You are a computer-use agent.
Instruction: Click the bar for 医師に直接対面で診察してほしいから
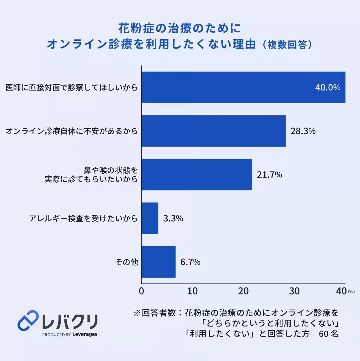tap(243, 87)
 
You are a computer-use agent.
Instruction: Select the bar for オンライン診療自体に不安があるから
tap(213, 131)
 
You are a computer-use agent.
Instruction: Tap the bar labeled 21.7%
tap(196, 175)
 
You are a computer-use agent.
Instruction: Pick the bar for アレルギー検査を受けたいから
tap(150, 218)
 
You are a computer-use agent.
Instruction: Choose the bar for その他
tap(158, 262)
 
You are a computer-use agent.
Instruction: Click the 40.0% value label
tap(328, 87)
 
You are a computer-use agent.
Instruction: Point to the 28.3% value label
tap(303, 131)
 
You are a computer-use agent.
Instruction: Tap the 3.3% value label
tap(173, 218)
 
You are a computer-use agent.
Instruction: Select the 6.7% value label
tap(190, 262)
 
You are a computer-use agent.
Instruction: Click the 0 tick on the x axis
tap(141, 291)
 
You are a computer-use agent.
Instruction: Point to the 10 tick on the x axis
tap(192, 291)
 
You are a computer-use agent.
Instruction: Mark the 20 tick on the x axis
tap(243, 291)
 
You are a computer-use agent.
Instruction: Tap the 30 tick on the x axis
tap(294, 291)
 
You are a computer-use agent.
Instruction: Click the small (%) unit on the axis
tap(351, 291)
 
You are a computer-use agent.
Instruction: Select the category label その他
tap(127, 262)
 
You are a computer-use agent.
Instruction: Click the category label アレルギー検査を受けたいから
tap(83, 218)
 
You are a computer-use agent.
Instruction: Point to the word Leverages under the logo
tap(85, 334)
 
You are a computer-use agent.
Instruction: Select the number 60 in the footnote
tap(324, 334)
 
